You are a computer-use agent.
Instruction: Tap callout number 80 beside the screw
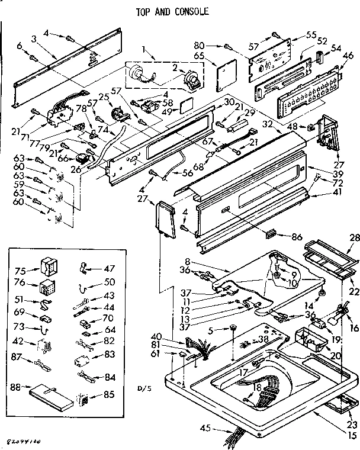214,44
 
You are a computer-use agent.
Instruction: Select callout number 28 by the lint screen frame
353,238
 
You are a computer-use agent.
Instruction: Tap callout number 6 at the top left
19,45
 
